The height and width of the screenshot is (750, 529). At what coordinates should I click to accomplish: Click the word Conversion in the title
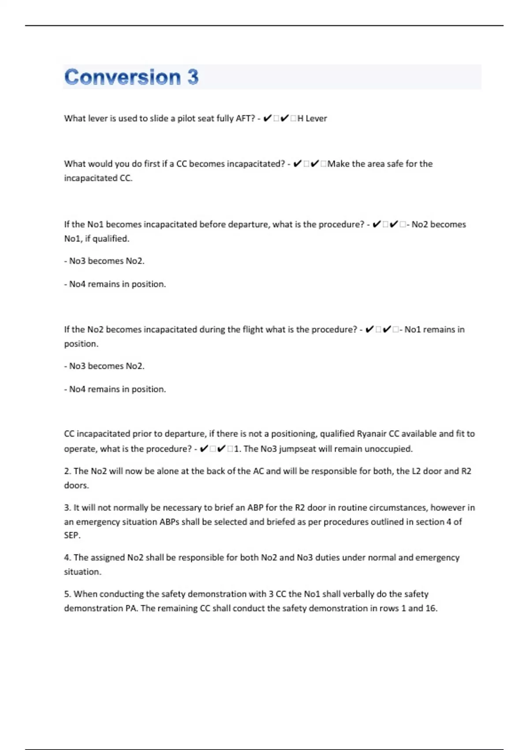(x=122, y=77)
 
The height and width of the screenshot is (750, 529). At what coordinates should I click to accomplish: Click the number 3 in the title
(x=193, y=77)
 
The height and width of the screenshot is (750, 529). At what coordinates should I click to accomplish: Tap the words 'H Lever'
(x=312, y=118)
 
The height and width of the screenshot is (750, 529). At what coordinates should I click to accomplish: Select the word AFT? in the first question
(x=246, y=118)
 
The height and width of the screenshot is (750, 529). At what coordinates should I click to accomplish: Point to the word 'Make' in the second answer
(x=338, y=164)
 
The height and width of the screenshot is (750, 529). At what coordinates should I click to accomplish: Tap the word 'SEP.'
(x=72, y=535)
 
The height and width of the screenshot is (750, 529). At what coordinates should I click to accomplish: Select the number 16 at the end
(x=431, y=608)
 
